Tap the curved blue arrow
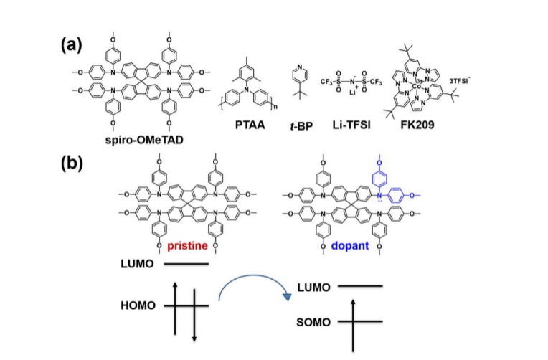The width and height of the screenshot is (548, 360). pyautogui.click(x=255, y=285)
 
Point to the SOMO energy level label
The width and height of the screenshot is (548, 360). pyautogui.click(x=311, y=323)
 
